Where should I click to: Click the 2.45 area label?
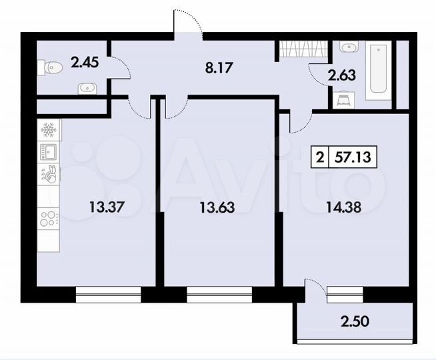[85, 63]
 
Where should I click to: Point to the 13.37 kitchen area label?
[105, 207]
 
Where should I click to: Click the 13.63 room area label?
[217, 207]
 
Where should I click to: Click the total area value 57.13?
[355, 158]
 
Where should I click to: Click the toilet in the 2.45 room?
[52, 66]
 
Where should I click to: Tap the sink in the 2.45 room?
[86, 87]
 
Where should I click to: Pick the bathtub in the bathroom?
[379, 69]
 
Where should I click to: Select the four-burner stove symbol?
[49, 218]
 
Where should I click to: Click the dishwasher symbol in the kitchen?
[49, 174]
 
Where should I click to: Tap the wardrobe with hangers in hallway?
[302, 49]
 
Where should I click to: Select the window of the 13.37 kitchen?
[108, 291]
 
